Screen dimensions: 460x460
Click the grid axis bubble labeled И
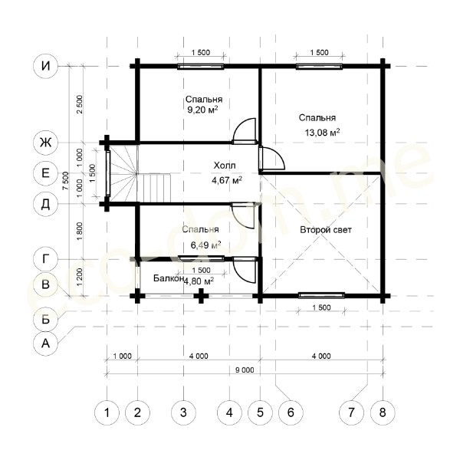pos(45,66)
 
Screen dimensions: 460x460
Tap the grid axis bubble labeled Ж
pos(45,143)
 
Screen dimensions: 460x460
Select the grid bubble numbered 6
pos(291,412)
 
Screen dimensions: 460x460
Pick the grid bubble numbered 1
pos(107,412)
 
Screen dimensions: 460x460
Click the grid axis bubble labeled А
pos(45,343)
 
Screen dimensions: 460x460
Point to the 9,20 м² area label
pos(202,110)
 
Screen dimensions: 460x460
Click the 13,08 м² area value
pos(323,133)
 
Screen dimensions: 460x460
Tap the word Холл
pos(225,166)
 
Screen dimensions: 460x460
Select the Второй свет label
pos(326,230)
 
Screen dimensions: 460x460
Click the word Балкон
pos(169,278)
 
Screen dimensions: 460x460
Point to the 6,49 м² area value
pos(206,245)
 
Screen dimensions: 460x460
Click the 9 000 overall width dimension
pos(245,370)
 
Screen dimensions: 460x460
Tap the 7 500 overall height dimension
pos(66,181)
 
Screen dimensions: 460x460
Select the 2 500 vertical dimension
pos(80,104)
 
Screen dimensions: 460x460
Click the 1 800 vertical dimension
pos(80,232)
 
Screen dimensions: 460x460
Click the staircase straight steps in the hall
pos(154,188)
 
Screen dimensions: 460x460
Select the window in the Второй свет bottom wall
pos(321,295)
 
